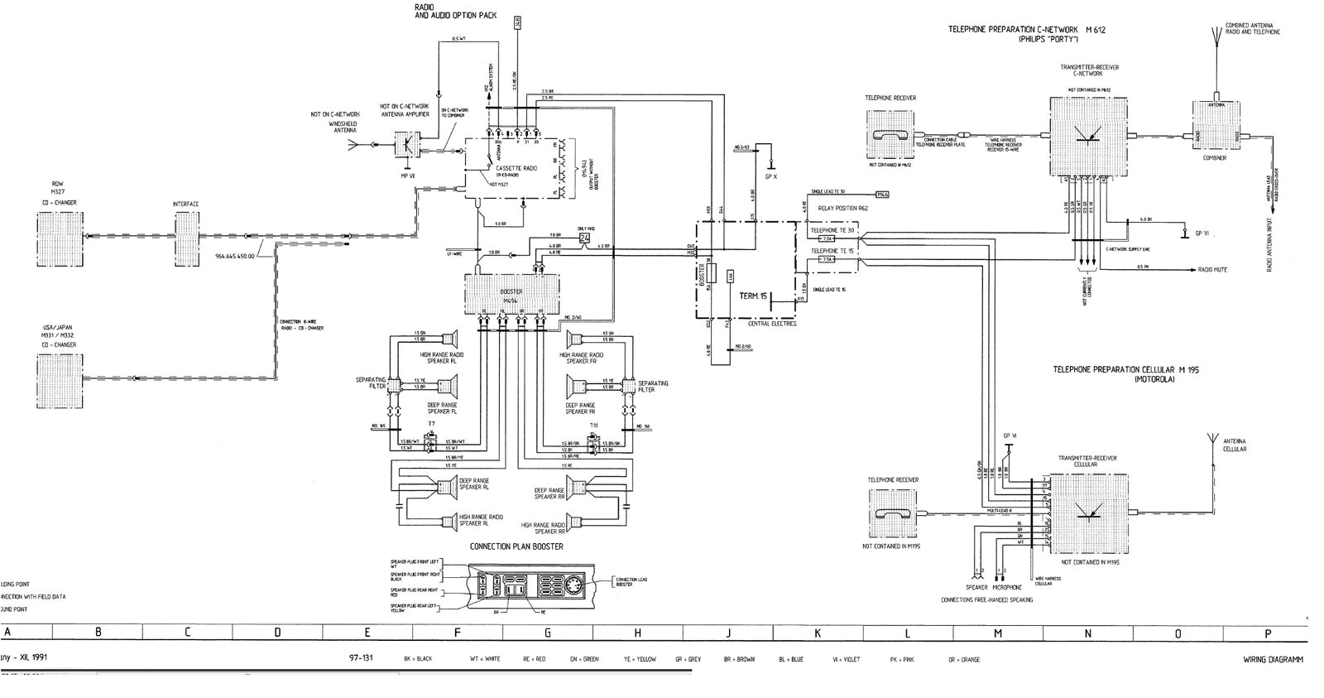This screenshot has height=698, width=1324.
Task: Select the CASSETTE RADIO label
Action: [516, 168]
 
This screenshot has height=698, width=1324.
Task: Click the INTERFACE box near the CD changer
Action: [186, 239]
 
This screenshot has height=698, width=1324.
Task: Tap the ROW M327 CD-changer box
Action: [60, 239]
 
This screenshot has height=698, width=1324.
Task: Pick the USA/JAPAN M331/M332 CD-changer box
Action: [60, 381]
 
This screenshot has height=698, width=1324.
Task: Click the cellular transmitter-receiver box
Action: [1088, 514]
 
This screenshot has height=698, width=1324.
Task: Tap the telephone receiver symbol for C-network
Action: [891, 133]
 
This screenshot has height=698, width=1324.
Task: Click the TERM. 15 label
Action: [753, 296]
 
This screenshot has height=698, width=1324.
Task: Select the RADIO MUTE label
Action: [1212, 270]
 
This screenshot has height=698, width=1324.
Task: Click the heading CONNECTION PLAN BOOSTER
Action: [516, 546]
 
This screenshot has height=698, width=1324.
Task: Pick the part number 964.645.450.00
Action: [235, 256]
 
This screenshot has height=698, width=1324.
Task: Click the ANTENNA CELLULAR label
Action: [1234, 445]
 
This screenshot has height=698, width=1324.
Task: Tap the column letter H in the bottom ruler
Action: [637, 633]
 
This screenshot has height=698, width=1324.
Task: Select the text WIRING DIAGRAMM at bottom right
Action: [1273, 660]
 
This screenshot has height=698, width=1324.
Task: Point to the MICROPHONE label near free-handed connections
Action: [1007, 587]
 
